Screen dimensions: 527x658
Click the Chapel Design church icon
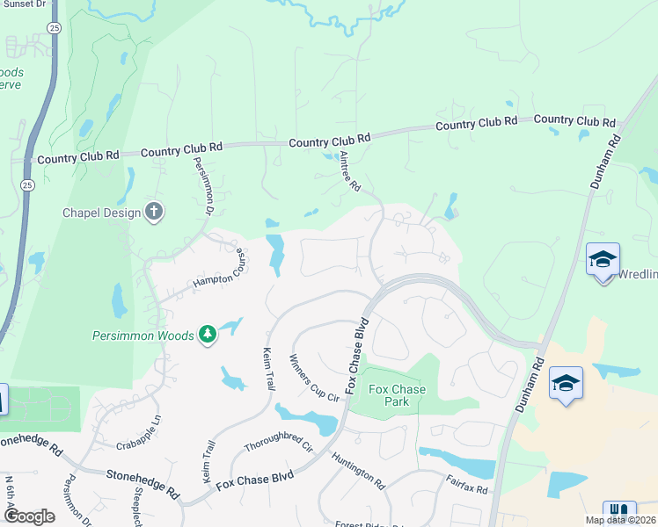pos(154,211)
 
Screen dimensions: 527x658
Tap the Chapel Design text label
pos(101,213)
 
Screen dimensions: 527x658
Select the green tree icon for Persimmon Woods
pos(207,334)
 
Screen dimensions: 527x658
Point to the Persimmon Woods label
pos(143,335)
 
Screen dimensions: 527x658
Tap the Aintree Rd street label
pos(350,172)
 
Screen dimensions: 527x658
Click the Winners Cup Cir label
pos(314,379)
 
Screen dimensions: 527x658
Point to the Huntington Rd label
pos(358,471)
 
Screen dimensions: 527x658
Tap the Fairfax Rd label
pos(466,482)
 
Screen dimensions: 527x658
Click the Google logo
pos(28,516)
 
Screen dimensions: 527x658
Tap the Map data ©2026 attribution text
pos(621,520)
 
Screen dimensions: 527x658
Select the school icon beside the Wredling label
pos(603,260)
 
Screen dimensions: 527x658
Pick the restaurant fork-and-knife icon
pos(619,512)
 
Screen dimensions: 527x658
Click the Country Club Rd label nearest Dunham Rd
pos(574,120)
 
